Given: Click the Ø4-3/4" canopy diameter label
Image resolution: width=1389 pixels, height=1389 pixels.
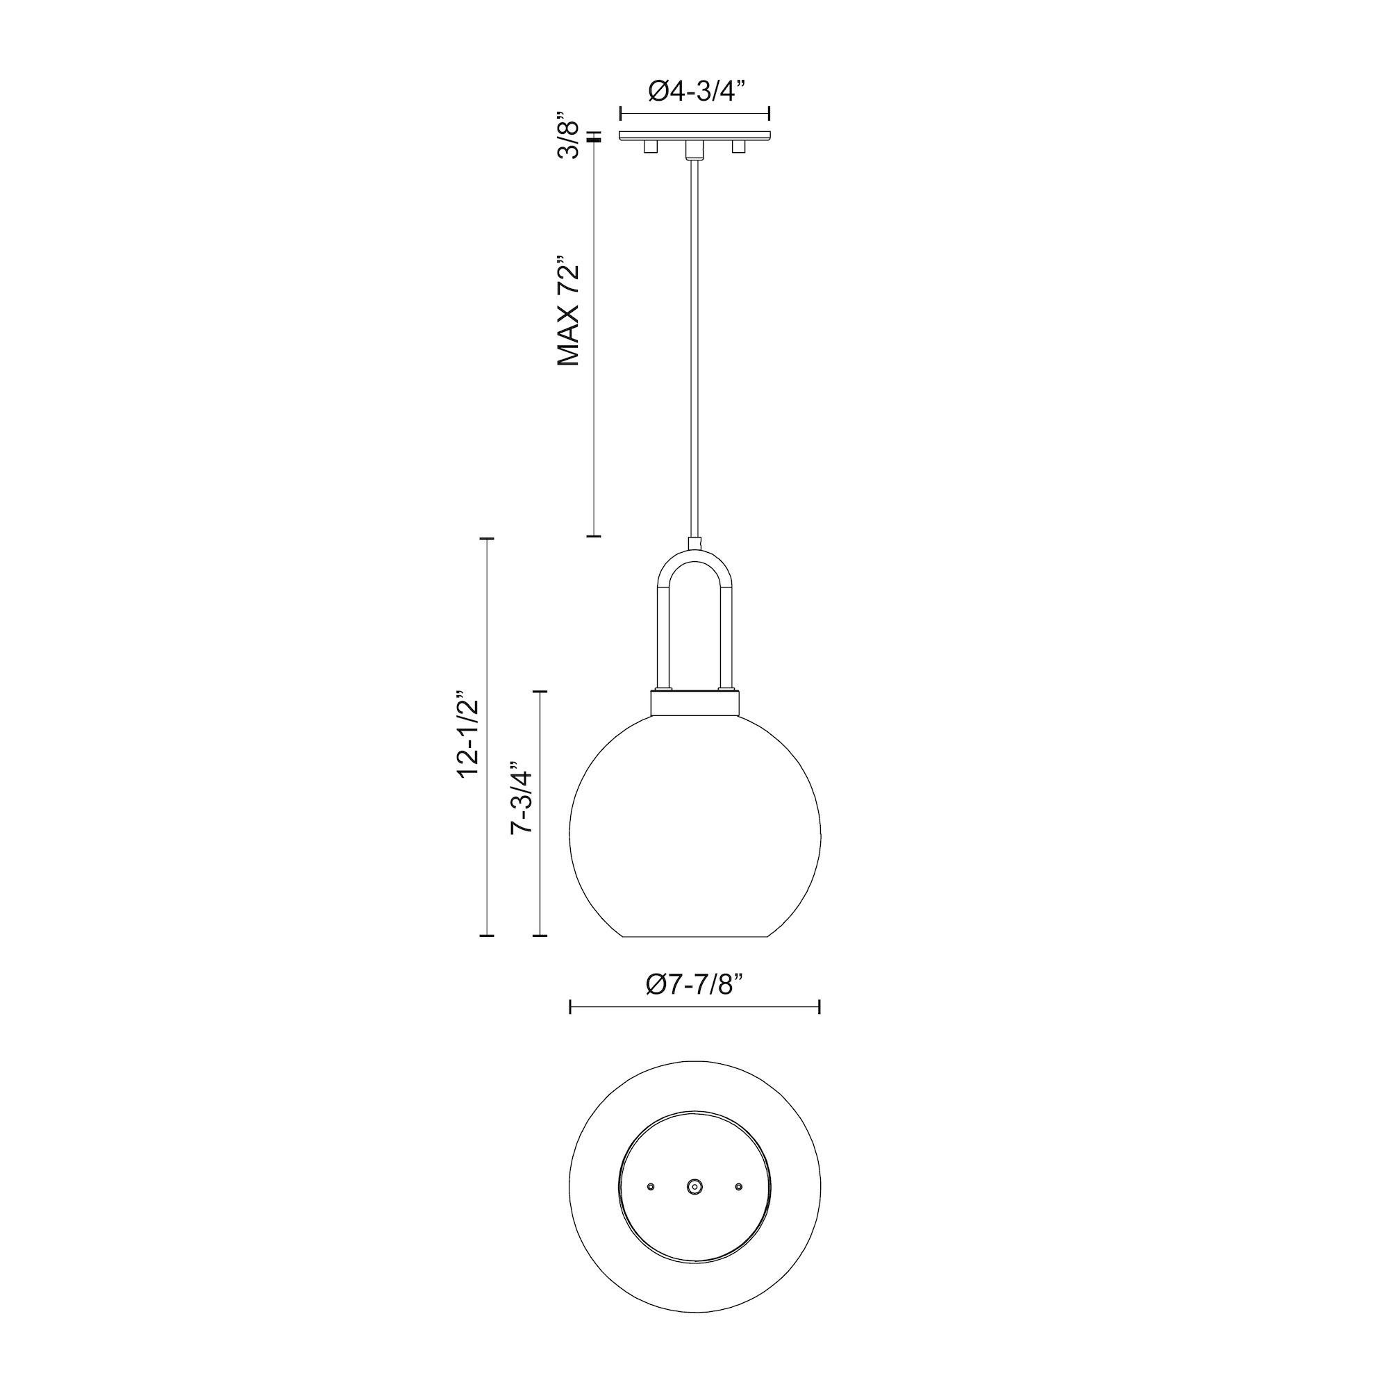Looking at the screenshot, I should (695, 90).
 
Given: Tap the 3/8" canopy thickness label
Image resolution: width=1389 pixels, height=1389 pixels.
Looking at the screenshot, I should (568, 136).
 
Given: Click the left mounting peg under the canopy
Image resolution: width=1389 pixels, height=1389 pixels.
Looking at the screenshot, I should (651, 147).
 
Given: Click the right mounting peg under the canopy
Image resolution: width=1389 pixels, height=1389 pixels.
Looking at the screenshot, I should (738, 147).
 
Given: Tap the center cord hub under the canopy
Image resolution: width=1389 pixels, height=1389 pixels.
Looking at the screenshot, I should (694, 149).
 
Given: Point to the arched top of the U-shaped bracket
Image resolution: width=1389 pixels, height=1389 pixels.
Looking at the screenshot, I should (694, 556).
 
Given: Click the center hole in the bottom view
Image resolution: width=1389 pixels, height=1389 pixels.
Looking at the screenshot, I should (694, 1186).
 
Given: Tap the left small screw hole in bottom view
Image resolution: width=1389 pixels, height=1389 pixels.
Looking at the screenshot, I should (651, 1186).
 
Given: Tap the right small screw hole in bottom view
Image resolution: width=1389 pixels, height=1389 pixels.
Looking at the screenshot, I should (738, 1186).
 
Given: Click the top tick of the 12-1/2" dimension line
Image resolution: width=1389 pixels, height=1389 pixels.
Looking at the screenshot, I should (487, 538).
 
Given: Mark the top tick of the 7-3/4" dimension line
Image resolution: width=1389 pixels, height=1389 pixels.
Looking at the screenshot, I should (539, 691).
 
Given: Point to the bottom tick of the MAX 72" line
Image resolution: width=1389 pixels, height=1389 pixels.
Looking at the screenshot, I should (594, 535).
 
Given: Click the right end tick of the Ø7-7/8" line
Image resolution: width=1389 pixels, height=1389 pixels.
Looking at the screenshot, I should (820, 1006).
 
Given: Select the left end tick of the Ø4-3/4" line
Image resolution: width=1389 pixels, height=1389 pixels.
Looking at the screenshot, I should (621, 114).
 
